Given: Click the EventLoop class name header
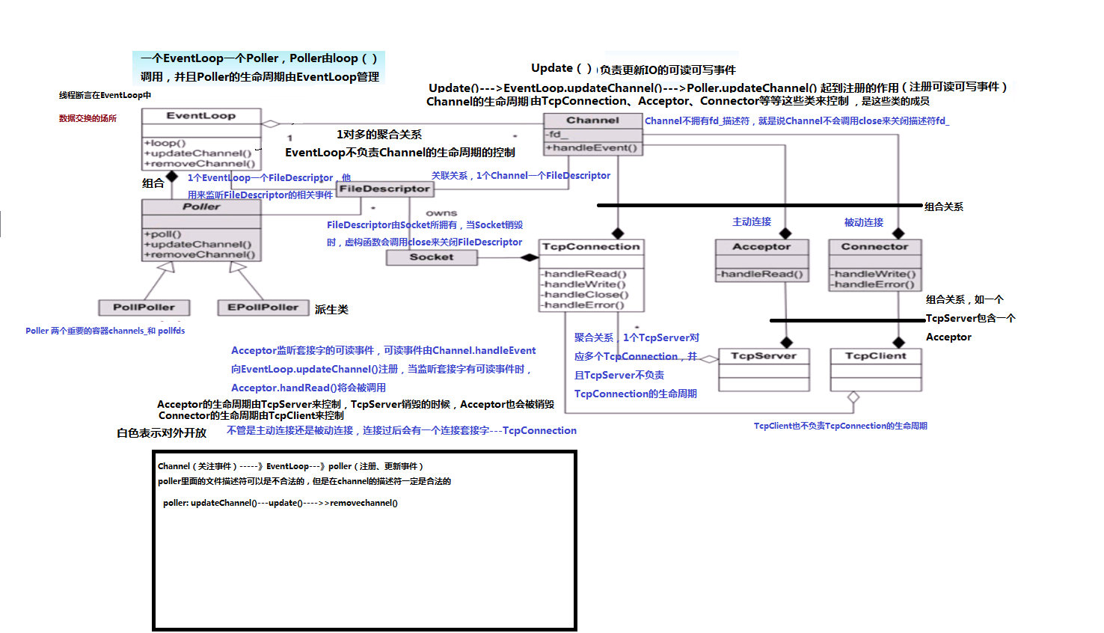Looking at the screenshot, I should pos(201,116).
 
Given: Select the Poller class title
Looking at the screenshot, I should pos(201,207).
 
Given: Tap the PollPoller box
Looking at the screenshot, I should pos(144,308).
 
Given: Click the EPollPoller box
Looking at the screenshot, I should pos(263,308).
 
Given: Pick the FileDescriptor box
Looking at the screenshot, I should pos(384,189).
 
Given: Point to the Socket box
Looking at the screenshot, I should pos(431,257).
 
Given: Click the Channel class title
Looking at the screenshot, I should pos(592,120).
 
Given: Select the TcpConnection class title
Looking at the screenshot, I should pos(591,247).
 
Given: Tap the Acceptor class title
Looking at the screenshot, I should pos(761,247).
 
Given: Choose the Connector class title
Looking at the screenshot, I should pos(874,247).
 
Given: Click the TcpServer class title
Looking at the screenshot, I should pos(764,356).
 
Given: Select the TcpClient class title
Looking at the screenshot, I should pos(875,356).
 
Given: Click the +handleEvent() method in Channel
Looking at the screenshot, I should pos(592,148).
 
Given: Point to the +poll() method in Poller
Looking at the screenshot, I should pos(163,234).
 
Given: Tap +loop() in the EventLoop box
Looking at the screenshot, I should pos(165,143).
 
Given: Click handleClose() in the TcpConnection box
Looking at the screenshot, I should pos(586,295).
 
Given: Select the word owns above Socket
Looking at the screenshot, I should pos(441,213).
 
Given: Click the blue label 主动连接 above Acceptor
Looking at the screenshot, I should pos(752,222).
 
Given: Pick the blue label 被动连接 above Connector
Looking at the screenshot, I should pos(864,223).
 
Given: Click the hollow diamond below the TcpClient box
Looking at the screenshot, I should pos(853,398).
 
